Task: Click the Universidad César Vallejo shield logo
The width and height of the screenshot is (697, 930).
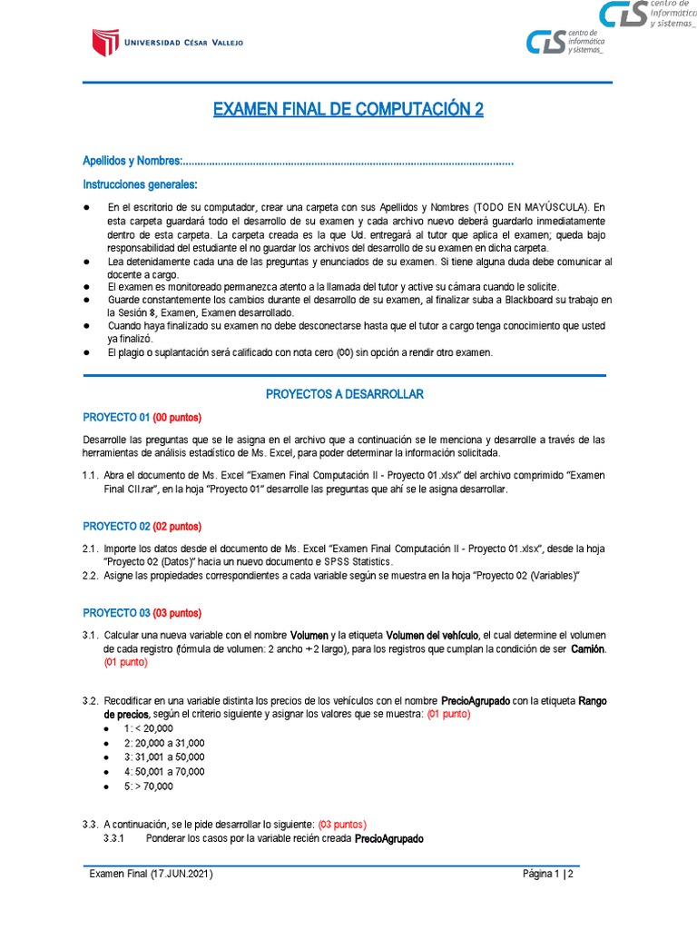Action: [104, 43]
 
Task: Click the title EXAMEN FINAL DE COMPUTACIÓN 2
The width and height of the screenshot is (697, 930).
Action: [348, 110]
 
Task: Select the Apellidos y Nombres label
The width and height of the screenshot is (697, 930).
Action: [132, 161]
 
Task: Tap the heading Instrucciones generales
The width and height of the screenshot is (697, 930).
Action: [133, 184]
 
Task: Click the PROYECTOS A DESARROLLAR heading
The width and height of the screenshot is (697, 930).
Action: [344, 394]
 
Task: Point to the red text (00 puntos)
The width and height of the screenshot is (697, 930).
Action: [177, 418]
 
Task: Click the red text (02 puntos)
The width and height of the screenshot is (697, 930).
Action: [177, 527]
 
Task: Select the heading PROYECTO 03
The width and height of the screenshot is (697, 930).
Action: [116, 612]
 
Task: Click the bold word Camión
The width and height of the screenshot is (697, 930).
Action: [587, 650]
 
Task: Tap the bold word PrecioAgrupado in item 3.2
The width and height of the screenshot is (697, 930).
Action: [482, 702]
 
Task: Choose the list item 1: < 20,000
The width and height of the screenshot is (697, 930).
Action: [148, 729]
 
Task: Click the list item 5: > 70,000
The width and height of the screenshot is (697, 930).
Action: [148, 786]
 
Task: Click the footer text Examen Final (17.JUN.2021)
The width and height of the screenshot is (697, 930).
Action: [151, 875]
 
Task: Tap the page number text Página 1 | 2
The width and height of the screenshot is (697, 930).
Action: [548, 875]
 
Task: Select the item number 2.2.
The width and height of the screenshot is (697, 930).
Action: [90, 576]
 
